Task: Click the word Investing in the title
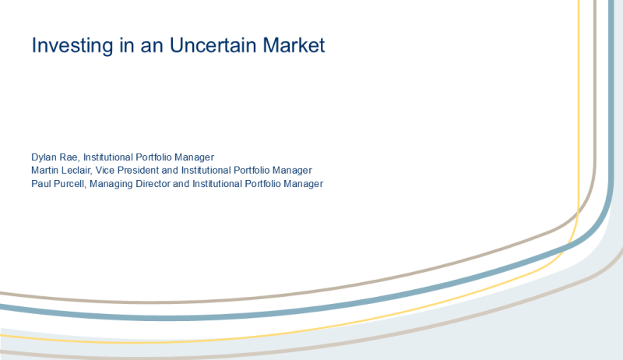tap(72, 46)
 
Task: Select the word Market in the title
tap(294, 45)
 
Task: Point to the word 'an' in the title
tap(152, 47)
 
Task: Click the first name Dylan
tap(44, 157)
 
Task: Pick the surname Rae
tap(69, 157)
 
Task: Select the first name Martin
tap(44, 171)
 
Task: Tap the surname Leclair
tap(76, 171)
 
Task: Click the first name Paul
tap(40, 184)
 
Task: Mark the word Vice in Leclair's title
tap(105, 171)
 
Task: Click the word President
tap(138, 171)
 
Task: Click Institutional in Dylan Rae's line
tap(108, 157)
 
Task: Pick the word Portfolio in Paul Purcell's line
tap(262, 184)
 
